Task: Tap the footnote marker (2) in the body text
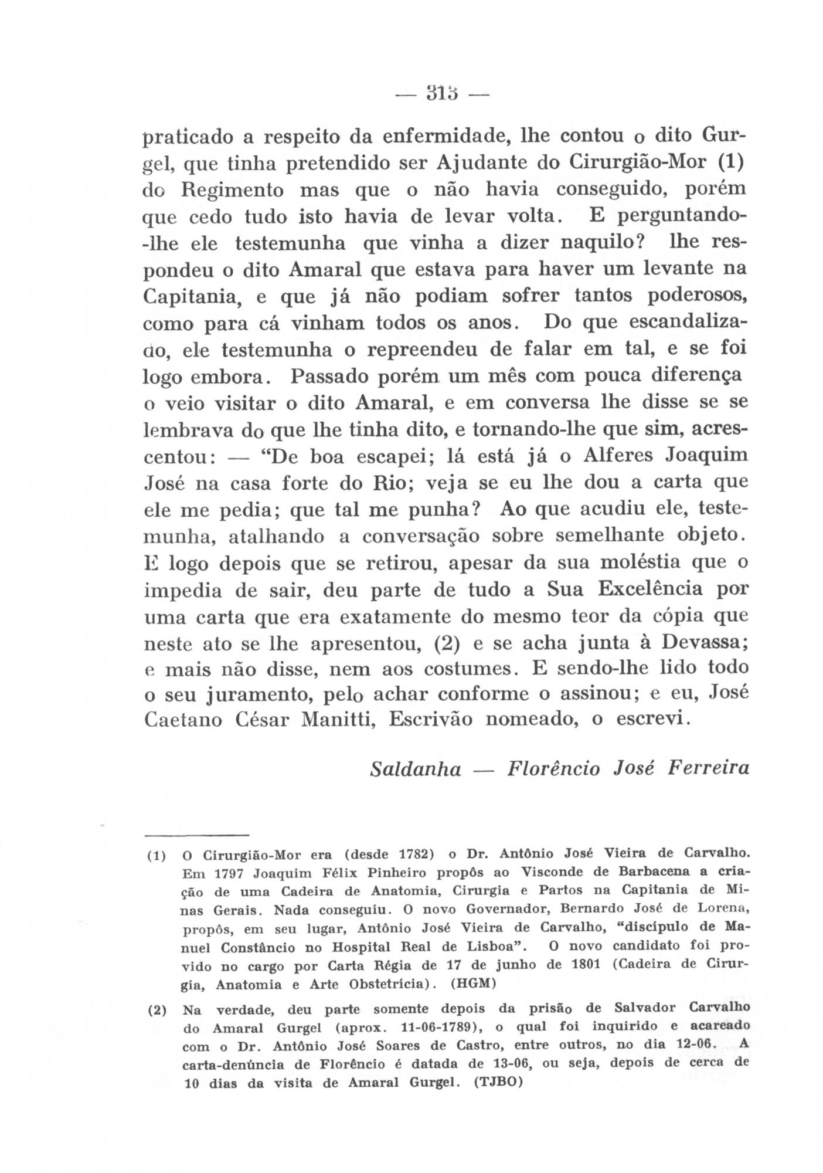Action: pos(445,643)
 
